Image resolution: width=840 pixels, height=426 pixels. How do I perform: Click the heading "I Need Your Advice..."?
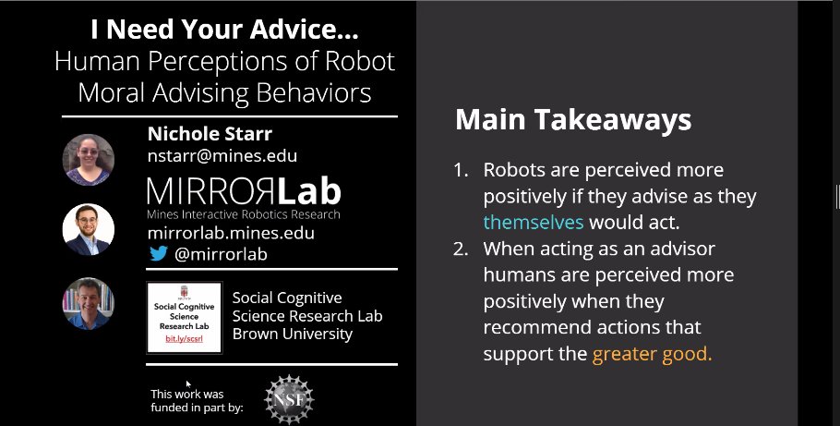pos(224,30)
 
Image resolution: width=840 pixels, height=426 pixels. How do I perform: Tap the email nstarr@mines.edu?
pos(222,155)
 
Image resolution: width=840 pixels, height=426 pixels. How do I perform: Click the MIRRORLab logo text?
pos(244,192)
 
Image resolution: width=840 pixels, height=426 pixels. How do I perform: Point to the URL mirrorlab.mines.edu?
pos(231,234)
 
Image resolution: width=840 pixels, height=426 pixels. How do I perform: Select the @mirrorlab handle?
pos(215,254)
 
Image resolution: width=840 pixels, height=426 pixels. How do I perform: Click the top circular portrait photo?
pos(89,159)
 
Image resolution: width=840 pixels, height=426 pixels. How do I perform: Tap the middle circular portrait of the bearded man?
pos(89,229)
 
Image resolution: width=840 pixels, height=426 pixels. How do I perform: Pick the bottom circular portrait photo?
pos(89,303)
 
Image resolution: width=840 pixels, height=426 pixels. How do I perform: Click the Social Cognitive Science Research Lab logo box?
pos(185,316)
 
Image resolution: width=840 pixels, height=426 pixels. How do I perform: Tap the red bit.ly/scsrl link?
pos(185,340)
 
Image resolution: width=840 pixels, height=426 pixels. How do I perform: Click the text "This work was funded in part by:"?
pos(197,400)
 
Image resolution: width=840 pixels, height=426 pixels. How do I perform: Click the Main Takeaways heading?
pos(573,120)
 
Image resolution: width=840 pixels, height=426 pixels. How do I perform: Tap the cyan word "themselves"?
pos(534,222)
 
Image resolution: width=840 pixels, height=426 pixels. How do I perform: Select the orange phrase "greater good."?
pos(652,354)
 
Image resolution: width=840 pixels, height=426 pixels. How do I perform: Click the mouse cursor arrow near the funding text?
pos(188,383)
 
